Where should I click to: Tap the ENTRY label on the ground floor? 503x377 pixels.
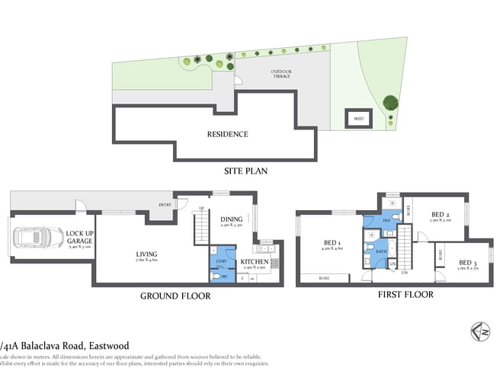click(x=165, y=205)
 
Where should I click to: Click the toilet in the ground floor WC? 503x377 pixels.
click(x=217, y=276)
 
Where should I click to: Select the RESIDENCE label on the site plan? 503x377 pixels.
click(x=228, y=134)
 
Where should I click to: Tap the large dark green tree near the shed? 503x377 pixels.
click(x=390, y=102)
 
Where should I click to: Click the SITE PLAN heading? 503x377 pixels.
click(x=245, y=171)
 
